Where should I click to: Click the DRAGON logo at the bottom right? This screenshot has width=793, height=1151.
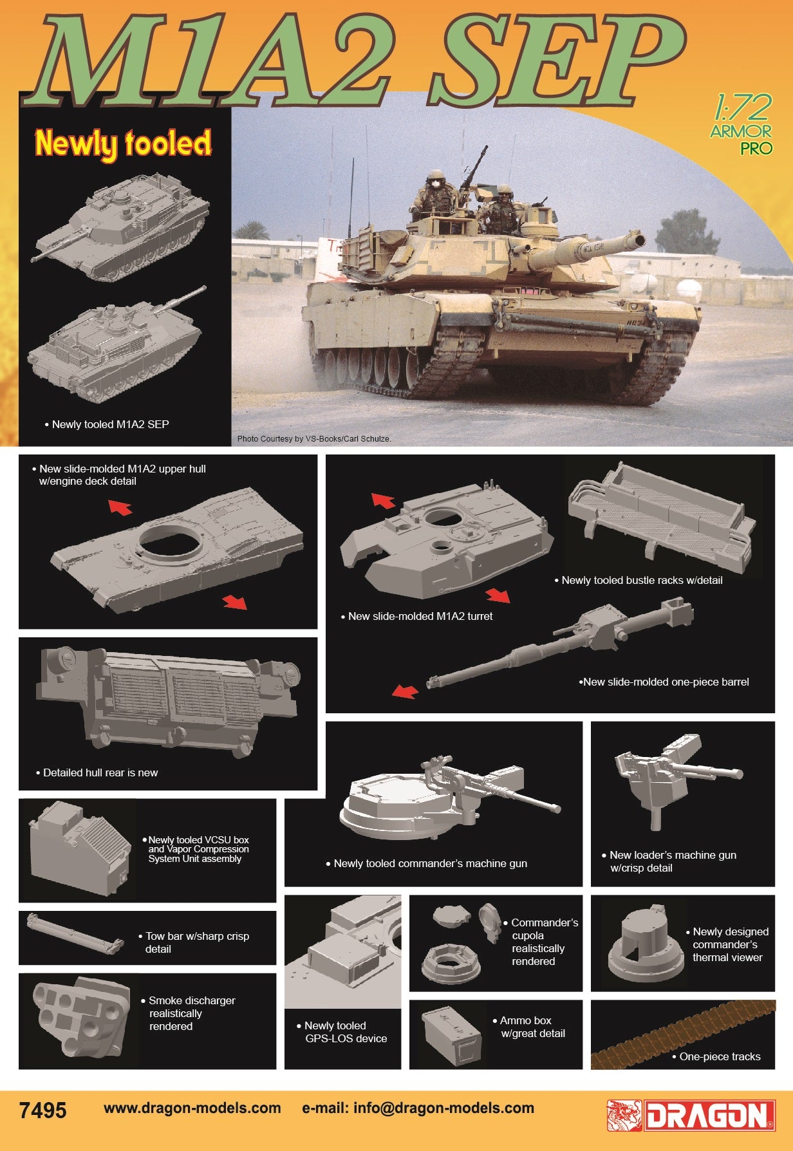(x=691, y=1115)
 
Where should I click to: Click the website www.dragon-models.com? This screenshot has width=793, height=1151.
(x=192, y=1108)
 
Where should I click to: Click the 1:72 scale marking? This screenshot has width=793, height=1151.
(x=742, y=108)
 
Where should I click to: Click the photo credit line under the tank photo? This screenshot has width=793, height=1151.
(x=314, y=439)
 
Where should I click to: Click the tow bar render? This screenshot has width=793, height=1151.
(x=75, y=934)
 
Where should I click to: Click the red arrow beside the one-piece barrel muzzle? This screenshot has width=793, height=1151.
(x=405, y=691)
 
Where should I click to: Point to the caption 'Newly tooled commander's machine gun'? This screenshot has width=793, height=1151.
(x=427, y=863)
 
